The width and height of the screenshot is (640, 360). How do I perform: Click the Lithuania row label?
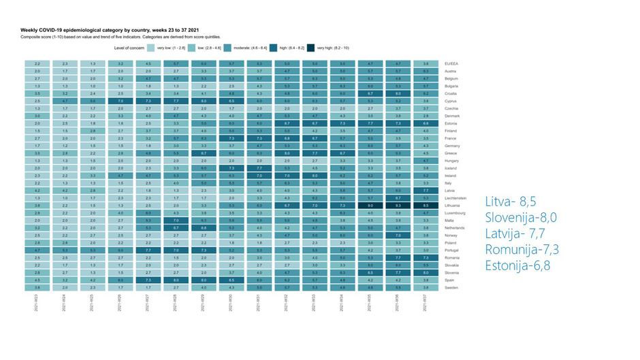click(452, 205)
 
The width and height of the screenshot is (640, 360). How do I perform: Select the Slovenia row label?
click(451, 271)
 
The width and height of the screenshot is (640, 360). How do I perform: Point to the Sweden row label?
click(450, 287)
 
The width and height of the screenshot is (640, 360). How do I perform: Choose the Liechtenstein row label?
click(455, 197)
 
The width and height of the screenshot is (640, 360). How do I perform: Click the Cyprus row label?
click(449, 101)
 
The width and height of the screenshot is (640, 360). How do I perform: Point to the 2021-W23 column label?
click(37, 304)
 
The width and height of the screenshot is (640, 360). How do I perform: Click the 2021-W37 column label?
click(425, 304)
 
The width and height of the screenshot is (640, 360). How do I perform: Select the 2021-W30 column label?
click(231, 304)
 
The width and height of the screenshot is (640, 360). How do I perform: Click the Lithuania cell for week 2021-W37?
click(425, 205)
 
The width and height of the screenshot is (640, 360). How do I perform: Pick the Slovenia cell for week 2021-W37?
click(425, 271)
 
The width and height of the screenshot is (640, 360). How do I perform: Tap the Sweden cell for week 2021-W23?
click(37, 287)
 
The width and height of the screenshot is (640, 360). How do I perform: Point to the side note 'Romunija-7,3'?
click(521, 249)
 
